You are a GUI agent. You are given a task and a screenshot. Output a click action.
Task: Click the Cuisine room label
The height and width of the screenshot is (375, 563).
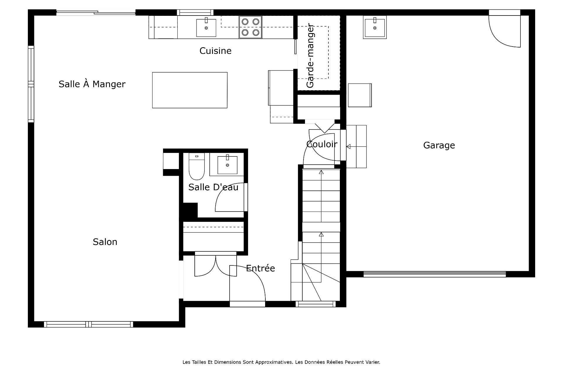click(215, 51)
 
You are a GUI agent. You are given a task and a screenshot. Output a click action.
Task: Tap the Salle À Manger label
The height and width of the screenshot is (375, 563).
click(92, 84)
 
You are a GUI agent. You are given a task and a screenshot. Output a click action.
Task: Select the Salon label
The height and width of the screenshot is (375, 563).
click(105, 242)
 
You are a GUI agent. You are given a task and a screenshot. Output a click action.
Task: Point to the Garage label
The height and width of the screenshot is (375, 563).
click(439, 145)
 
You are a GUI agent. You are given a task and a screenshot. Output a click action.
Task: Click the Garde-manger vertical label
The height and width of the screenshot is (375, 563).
click(310, 55)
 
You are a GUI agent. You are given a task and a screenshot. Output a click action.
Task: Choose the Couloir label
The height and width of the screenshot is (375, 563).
click(322, 144)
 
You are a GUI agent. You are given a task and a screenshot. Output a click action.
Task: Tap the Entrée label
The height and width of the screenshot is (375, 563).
click(260, 268)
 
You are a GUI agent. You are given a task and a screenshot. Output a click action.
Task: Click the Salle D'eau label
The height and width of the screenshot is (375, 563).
click(213, 187)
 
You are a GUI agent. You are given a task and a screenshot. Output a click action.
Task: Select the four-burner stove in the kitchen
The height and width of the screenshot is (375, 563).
click(250, 27)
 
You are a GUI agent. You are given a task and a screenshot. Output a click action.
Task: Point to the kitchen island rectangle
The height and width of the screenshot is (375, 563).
click(190, 90)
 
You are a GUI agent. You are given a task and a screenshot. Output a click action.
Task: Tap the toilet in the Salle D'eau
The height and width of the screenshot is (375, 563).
click(196, 166)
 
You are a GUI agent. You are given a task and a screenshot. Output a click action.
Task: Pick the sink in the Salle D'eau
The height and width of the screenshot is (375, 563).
click(228, 165)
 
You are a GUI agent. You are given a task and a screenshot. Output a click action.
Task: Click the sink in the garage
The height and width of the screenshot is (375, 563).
click(375, 27)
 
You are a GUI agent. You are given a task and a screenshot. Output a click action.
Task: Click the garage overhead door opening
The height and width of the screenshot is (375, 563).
click(435, 274)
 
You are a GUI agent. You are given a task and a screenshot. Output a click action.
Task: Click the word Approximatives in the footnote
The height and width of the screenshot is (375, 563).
click(274, 362)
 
